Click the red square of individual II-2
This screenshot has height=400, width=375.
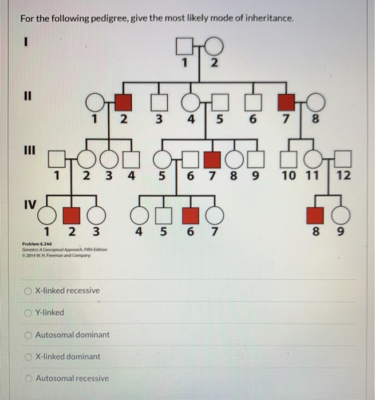[x=123, y=103]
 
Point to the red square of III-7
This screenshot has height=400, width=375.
[x=214, y=157]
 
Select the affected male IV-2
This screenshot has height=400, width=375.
[x=70, y=215]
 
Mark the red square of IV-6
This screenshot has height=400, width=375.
[x=190, y=215]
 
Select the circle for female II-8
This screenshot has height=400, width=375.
[x=315, y=103]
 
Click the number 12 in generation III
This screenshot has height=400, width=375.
[x=343, y=175]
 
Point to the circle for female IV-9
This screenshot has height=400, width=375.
[x=341, y=215]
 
